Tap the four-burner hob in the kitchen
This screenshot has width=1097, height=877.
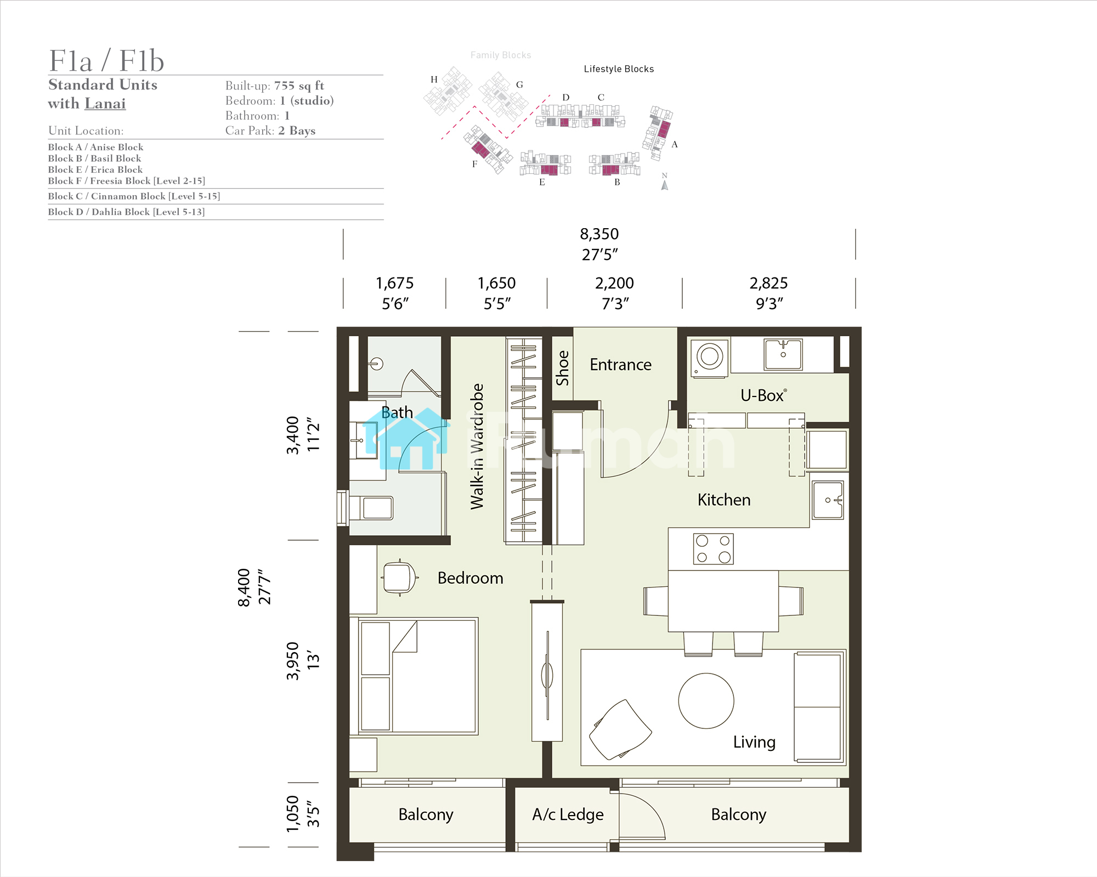click(x=713, y=549)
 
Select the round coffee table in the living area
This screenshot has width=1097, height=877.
click(x=706, y=700)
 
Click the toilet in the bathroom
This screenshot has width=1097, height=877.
click(x=371, y=508)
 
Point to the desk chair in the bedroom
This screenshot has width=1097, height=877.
click(x=400, y=578)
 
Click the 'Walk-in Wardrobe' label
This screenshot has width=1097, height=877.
click(x=477, y=446)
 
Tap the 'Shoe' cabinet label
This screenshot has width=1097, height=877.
click(x=562, y=368)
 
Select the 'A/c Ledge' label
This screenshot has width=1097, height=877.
click(x=568, y=814)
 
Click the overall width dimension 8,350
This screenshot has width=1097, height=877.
click(x=600, y=234)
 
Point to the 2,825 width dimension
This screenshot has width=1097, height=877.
click(x=768, y=283)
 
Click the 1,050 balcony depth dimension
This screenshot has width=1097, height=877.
click(x=293, y=814)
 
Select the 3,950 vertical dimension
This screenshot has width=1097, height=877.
click(x=293, y=661)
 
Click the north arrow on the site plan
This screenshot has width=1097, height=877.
click(x=665, y=185)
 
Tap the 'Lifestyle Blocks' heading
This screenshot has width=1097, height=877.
click(x=619, y=69)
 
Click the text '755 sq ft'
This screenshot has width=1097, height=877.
click(x=299, y=86)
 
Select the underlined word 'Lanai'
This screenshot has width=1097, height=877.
click(x=105, y=104)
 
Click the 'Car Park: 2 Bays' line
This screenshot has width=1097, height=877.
click(x=270, y=131)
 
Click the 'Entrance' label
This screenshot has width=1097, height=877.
click(x=620, y=365)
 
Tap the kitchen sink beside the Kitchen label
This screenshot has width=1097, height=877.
click(x=828, y=500)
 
